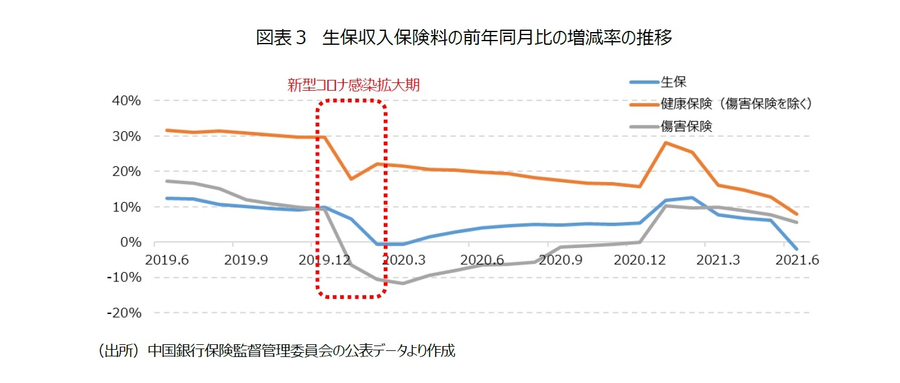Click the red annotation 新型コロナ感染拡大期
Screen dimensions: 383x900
[353, 85]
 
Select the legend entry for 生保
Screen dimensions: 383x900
[673, 82]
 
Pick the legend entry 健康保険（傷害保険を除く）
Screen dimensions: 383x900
[735, 103]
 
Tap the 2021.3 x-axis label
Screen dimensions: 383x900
[718, 260]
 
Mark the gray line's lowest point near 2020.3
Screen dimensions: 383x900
[402, 283]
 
